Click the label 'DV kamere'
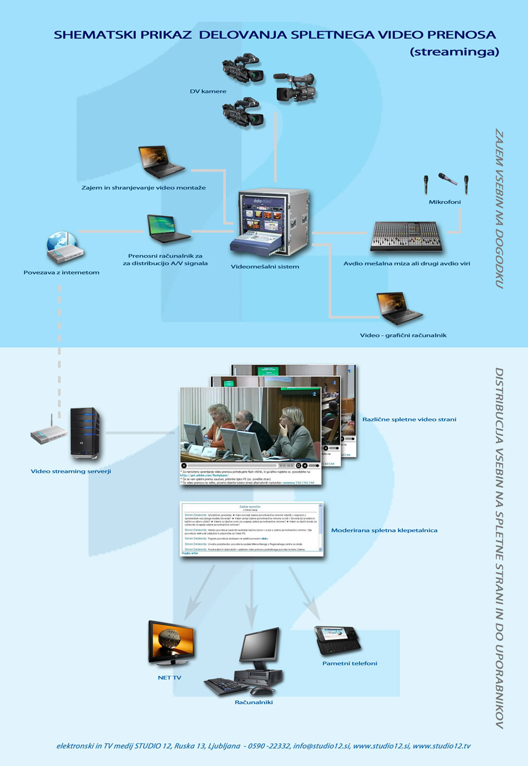coord(208,91)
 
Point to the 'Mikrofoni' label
coord(445,202)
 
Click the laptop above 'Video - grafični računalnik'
coord(399,309)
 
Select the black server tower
coord(85,434)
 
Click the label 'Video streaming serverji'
coord(71,471)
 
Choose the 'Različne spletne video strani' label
coord(409,419)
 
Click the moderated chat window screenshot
coord(252,529)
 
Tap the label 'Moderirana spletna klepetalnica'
coord(384,530)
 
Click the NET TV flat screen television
coord(172,644)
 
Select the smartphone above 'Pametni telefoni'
coord(337,641)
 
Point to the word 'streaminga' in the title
coord(455,52)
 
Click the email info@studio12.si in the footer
coord(322,746)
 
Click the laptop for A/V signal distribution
coord(168,228)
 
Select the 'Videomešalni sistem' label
coord(265,266)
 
